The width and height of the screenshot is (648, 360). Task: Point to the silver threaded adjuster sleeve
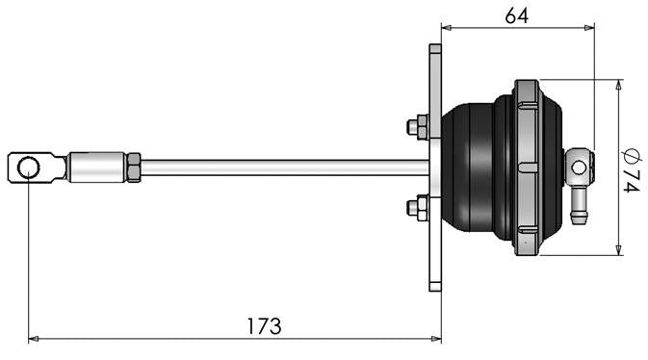click(x=97, y=167)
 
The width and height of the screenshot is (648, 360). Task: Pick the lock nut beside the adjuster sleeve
click(x=134, y=167)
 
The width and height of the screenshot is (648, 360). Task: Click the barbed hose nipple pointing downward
click(x=579, y=208)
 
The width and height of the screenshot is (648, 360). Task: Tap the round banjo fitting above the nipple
click(x=578, y=167)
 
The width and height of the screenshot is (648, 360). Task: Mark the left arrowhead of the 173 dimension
click(x=34, y=339)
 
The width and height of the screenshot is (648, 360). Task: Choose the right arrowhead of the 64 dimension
click(x=589, y=28)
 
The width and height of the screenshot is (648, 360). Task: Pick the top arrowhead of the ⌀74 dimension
click(x=616, y=85)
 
